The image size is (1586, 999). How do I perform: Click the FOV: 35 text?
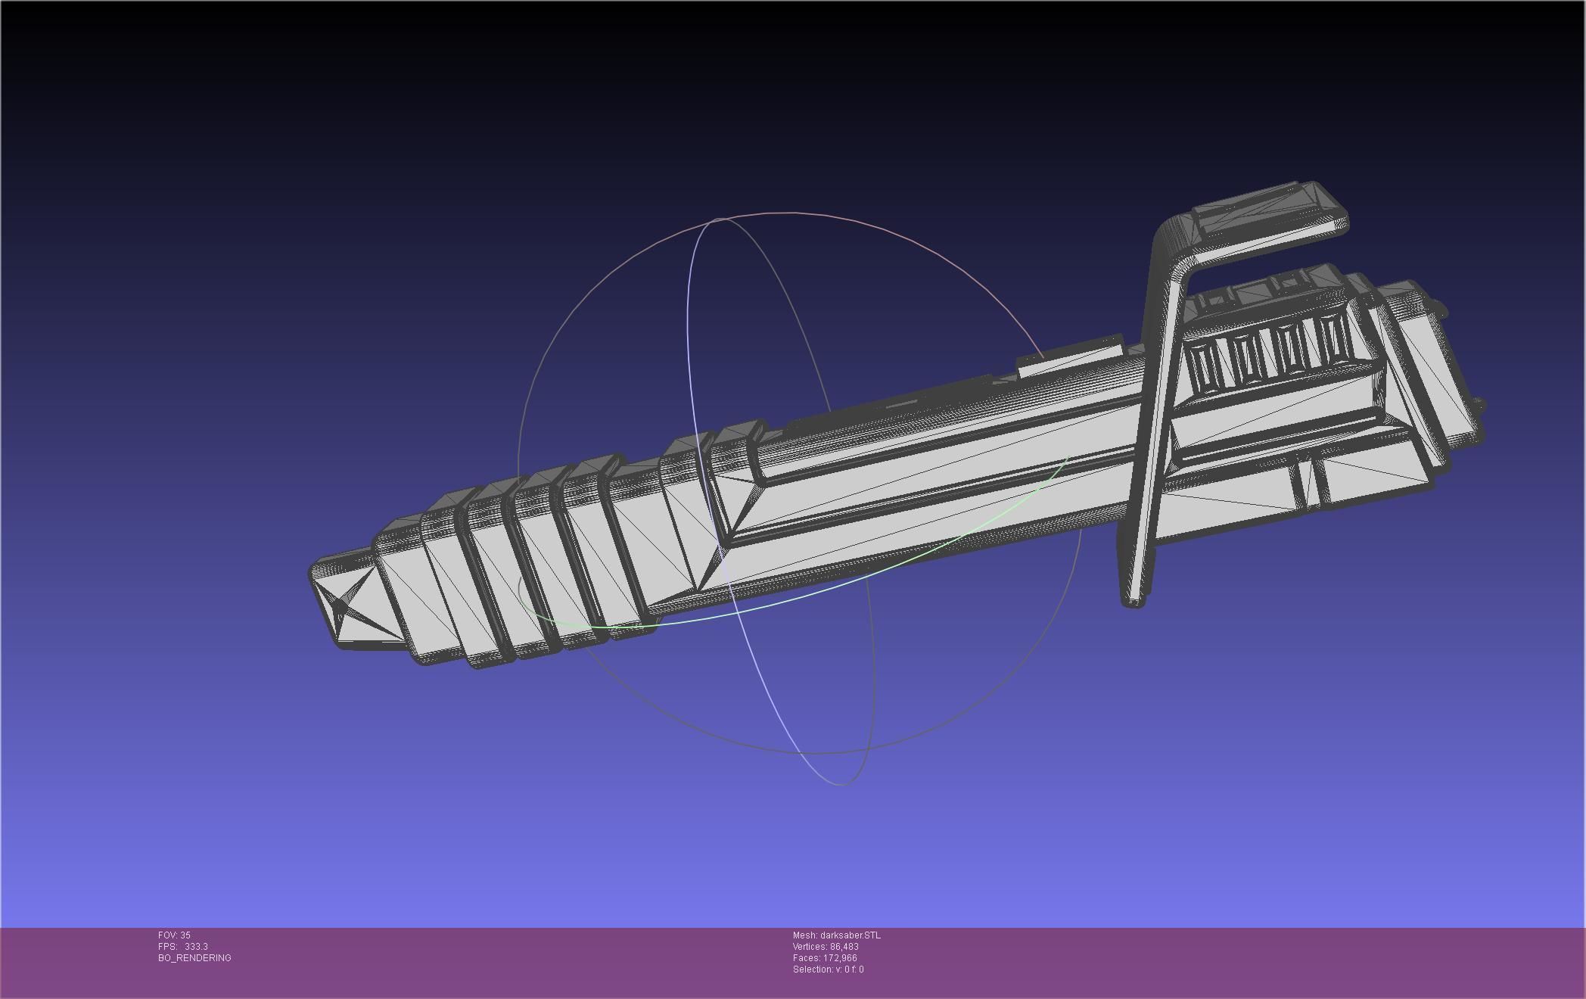click(174, 935)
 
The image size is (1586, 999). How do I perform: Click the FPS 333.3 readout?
click(182, 947)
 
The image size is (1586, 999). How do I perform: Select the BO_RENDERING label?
click(194, 958)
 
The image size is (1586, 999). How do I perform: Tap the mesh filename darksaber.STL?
click(836, 935)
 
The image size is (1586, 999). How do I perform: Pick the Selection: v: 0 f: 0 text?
click(828, 969)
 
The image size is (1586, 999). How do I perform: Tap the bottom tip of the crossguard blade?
click(1132, 602)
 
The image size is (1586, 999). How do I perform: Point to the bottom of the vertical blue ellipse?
click(841, 783)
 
